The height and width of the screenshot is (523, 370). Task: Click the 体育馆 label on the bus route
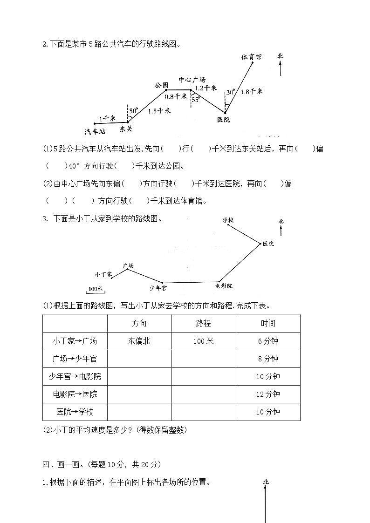coord(251,57)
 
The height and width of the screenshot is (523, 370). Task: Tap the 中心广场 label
coord(192,79)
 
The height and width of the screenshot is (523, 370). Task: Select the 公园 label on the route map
coord(161,85)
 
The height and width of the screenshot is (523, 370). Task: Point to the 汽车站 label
coord(95,131)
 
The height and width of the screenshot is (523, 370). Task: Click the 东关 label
coord(126,128)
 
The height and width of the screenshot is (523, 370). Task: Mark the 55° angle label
coord(196,99)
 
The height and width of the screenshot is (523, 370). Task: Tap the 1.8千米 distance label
coord(252,92)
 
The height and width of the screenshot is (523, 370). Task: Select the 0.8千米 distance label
coord(176,97)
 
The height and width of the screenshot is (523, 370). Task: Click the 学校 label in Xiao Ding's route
coord(227,220)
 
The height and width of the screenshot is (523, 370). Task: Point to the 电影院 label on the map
coord(224,285)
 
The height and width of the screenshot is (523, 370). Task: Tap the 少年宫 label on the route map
coord(158,288)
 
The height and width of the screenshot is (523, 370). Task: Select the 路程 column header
coord(204,323)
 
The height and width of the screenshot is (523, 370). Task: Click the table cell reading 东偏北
coord(139,341)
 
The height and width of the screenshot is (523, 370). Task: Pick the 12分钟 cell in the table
coord(268,394)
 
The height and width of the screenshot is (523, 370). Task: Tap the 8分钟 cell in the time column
coord(268,359)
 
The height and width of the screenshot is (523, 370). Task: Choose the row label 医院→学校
coord(75,412)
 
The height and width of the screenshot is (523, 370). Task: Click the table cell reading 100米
coord(204,341)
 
